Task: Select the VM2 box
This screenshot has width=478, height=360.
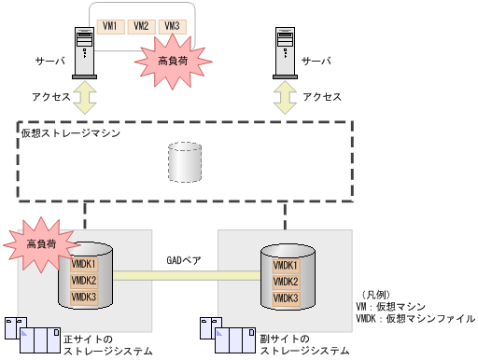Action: pos(141,26)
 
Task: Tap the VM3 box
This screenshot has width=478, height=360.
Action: pos(172,26)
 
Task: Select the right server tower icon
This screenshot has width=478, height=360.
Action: pos(287,55)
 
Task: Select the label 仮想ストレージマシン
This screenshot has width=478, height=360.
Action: pos(70,133)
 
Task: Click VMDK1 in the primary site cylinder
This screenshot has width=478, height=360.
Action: pos(84,265)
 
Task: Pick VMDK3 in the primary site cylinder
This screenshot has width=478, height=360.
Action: pos(84,297)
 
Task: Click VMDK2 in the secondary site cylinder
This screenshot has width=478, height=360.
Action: pos(286,281)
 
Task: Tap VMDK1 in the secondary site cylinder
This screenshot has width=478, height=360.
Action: pos(286,265)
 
